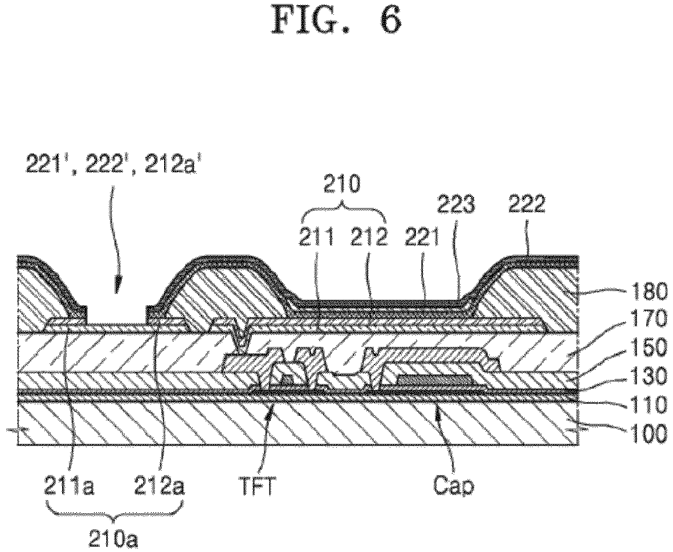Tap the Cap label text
453,487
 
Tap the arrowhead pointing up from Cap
438,412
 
